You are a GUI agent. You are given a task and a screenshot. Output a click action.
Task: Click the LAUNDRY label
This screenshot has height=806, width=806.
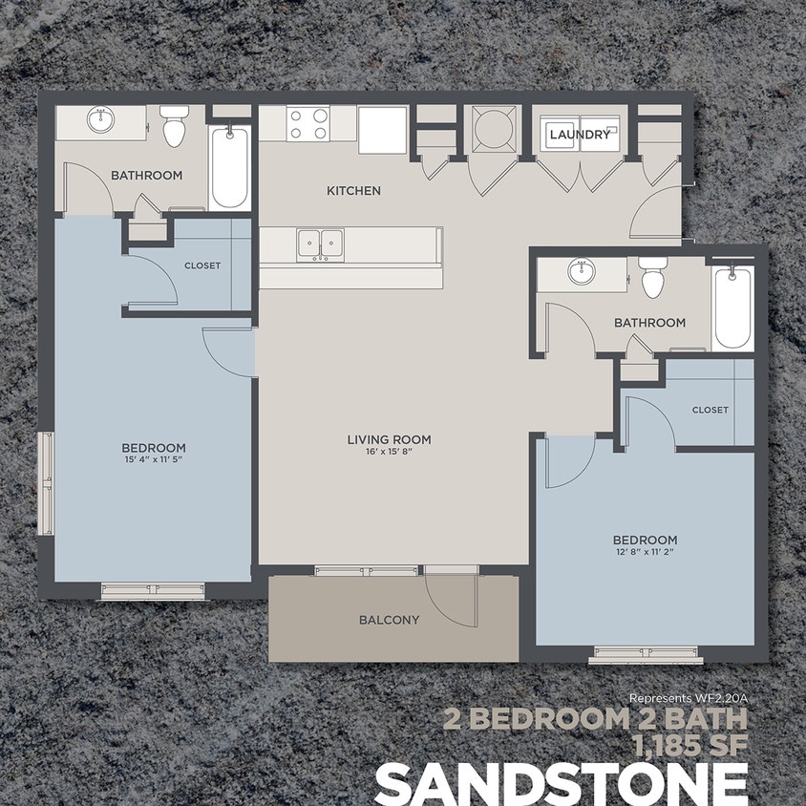coord(579,135)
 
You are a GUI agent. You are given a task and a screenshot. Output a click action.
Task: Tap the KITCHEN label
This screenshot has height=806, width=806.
coord(353,191)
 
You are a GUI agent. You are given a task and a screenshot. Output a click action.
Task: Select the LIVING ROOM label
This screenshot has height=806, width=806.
coord(389,440)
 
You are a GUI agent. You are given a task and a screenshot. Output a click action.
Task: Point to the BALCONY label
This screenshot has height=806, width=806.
coord(389,620)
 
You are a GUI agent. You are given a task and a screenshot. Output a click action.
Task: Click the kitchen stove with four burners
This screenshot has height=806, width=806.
coord(308,124)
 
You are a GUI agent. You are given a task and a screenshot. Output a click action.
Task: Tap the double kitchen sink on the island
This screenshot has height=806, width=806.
coord(320,244)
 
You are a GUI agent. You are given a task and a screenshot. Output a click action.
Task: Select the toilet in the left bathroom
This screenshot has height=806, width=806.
coord(174,127)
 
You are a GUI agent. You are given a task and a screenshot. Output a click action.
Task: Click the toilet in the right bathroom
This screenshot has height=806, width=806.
coord(653,278)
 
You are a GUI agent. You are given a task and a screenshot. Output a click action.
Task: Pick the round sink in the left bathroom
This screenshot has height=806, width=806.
coord(100,120)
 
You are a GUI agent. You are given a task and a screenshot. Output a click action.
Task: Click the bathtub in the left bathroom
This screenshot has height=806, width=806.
coord(230,166)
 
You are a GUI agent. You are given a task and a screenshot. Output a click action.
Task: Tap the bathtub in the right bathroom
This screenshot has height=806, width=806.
coord(732,307)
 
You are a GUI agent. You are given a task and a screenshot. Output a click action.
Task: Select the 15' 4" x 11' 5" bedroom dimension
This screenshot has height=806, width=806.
coord(153,460)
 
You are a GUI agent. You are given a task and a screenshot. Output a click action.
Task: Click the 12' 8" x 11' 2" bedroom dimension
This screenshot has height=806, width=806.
coord(646,552)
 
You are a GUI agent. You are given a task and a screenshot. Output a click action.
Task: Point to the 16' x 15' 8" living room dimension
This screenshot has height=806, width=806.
coord(389,453)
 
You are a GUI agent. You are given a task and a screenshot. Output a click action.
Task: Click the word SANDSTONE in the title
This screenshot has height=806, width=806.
coord(561,784)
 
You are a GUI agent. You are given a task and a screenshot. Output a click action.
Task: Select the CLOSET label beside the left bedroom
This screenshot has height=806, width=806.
coord(201,265)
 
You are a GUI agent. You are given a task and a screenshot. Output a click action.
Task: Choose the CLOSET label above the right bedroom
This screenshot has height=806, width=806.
coord(710,410)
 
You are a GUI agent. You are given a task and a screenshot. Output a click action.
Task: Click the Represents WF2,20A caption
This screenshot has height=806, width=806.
coord(688,698)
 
